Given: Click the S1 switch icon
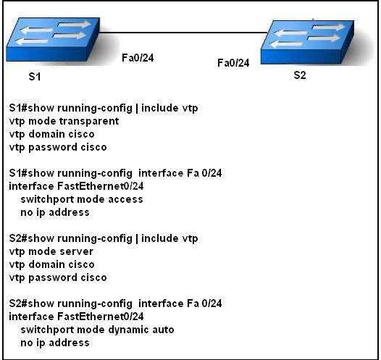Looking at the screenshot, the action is point(53,39).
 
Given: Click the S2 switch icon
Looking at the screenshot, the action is point(307,42).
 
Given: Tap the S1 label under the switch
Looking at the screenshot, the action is point(35,77).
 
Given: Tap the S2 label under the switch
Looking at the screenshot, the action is point(300,75).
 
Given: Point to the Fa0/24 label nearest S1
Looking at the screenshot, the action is point(138,58).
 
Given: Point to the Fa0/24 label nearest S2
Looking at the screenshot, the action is point(233,63).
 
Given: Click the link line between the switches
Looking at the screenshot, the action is point(183,32).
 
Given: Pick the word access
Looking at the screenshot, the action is point(125,199).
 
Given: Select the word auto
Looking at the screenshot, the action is point(163,330).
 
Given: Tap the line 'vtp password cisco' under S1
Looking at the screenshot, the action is point(58,147).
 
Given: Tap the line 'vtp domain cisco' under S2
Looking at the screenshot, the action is point(51,264).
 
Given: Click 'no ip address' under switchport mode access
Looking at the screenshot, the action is point(55,212).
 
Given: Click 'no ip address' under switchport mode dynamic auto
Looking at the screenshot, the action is point(55,343).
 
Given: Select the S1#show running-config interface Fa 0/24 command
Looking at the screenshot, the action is point(115,173).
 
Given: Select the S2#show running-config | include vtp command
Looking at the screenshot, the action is point(104,238).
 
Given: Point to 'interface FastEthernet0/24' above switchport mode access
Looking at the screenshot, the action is point(76,186).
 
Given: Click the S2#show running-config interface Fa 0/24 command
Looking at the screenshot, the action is point(115,304).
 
